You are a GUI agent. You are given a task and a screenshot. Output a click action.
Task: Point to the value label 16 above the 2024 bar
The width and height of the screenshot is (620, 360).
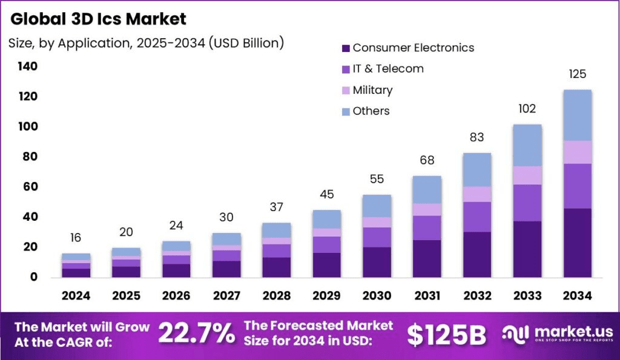click(x=76, y=238)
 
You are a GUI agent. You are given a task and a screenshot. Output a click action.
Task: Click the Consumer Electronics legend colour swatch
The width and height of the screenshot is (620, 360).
click(x=346, y=48)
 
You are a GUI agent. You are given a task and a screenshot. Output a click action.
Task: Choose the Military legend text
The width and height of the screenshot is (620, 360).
click(x=372, y=90)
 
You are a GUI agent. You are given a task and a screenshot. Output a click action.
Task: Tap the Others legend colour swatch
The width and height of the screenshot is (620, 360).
click(x=346, y=111)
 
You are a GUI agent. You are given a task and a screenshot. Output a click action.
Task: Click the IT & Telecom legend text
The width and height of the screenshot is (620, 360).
click(x=388, y=69)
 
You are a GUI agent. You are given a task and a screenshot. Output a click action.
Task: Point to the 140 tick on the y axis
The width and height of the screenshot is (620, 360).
click(x=27, y=66)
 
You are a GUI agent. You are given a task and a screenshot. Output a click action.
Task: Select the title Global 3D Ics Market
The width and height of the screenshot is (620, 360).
click(x=99, y=19)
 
